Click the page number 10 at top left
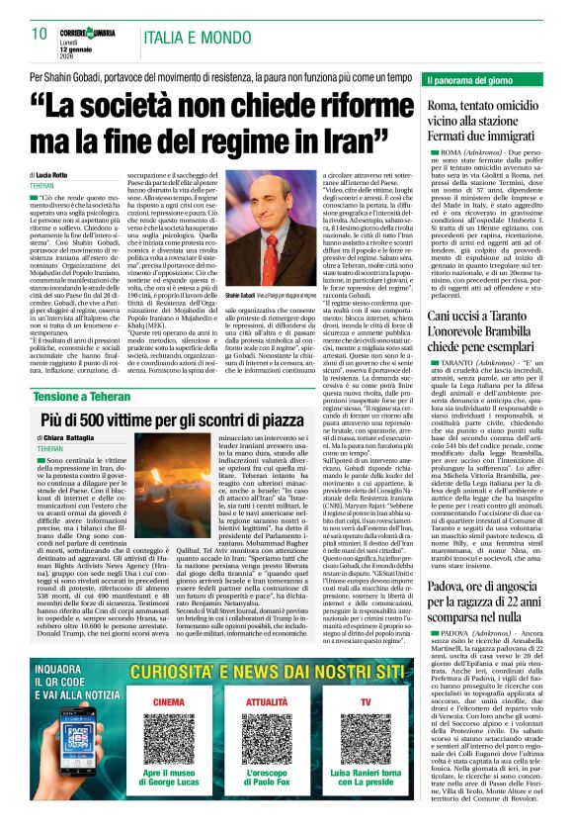pyautogui.click(x=41, y=34)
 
